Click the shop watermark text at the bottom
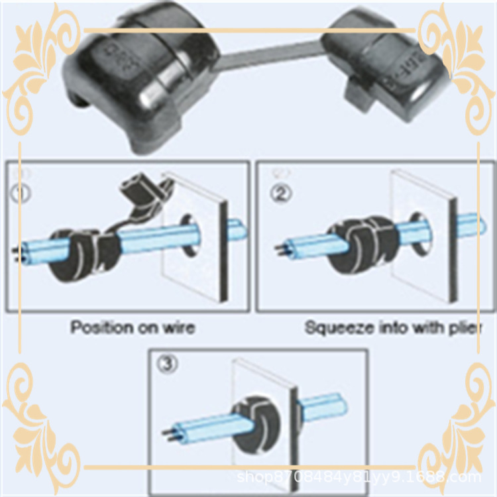(359, 476)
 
